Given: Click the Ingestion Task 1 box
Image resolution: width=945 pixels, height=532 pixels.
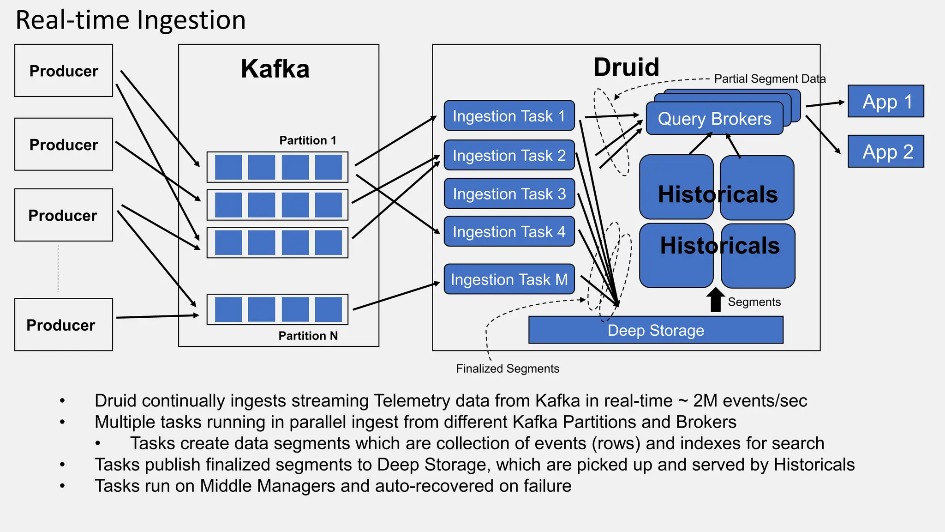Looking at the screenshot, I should [509, 116].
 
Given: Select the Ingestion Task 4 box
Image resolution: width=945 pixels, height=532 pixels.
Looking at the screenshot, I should [509, 231].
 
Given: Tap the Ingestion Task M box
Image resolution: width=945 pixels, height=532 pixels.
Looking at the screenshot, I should [509, 279].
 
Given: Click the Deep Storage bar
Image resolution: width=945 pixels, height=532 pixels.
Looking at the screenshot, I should [655, 330].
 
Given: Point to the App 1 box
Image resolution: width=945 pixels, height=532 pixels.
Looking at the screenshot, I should [885, 102].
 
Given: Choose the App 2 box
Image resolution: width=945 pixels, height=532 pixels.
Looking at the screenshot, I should [885, 151].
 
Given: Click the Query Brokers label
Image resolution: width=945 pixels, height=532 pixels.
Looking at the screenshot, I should [714, 119].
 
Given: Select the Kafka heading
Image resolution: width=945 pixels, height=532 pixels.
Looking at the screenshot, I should [275, 69].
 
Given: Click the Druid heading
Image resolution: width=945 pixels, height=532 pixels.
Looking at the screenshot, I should [626, 67].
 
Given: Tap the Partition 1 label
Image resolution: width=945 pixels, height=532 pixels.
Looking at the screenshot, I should [308, 140].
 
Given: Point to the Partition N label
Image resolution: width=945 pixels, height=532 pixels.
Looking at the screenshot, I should [308, 336].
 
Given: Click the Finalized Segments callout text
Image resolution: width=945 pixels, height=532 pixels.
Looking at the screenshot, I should [508, 369].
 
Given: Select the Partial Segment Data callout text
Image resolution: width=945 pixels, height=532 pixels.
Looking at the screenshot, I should [770, 79].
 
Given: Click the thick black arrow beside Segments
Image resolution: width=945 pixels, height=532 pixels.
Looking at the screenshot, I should [716, 300].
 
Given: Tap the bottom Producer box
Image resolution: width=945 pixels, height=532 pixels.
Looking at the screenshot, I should [64, 325].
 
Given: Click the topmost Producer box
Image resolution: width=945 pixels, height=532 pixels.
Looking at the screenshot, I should [64, 71].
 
